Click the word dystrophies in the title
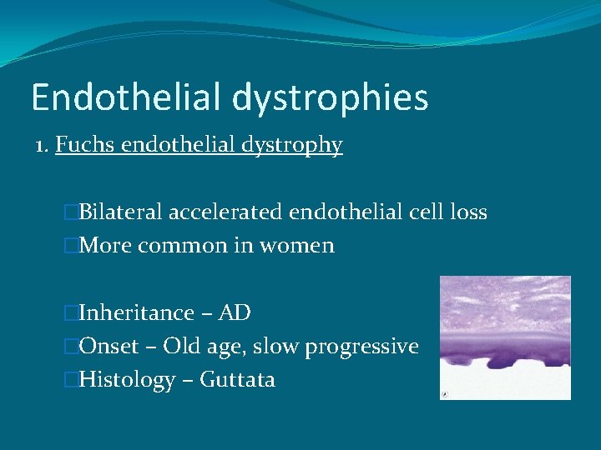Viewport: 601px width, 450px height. (x=331, y=97)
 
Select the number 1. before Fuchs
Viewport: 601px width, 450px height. (x=43, y=145)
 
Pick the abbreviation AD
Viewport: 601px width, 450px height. (x=235, y=313)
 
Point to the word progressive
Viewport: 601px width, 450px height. (x=361, y=347)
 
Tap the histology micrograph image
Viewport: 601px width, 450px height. (x=505, y=337)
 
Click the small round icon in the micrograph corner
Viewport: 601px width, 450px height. (x=446, y=394)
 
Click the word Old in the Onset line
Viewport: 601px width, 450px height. (x=180, y=347)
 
